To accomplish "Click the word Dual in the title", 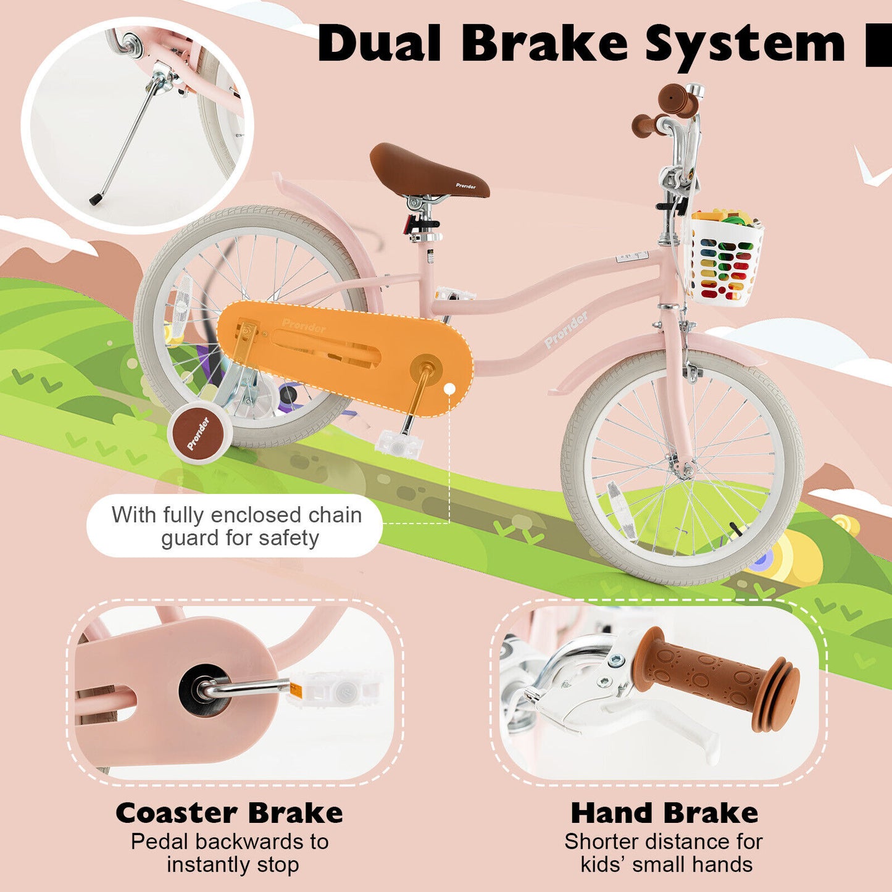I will pyautogui.click(x=379, y=44).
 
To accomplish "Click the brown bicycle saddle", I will pyautogui.click(x=427, y=170).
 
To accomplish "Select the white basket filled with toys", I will pyautogui.click(x=726, y=259).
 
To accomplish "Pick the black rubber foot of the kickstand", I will pyautogui.click(x=96, y=199).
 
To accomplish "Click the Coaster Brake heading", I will pyautogui.click(x=229, y=813).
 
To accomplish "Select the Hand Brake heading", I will pyautogui.click(x=664, y=813).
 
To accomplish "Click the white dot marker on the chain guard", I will pyautogui.click(x=450, y=389).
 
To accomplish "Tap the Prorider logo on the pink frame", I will pyautogui.click(x=566, y=330).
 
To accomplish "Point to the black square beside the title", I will pyautogui.click(x=878, y=45).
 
